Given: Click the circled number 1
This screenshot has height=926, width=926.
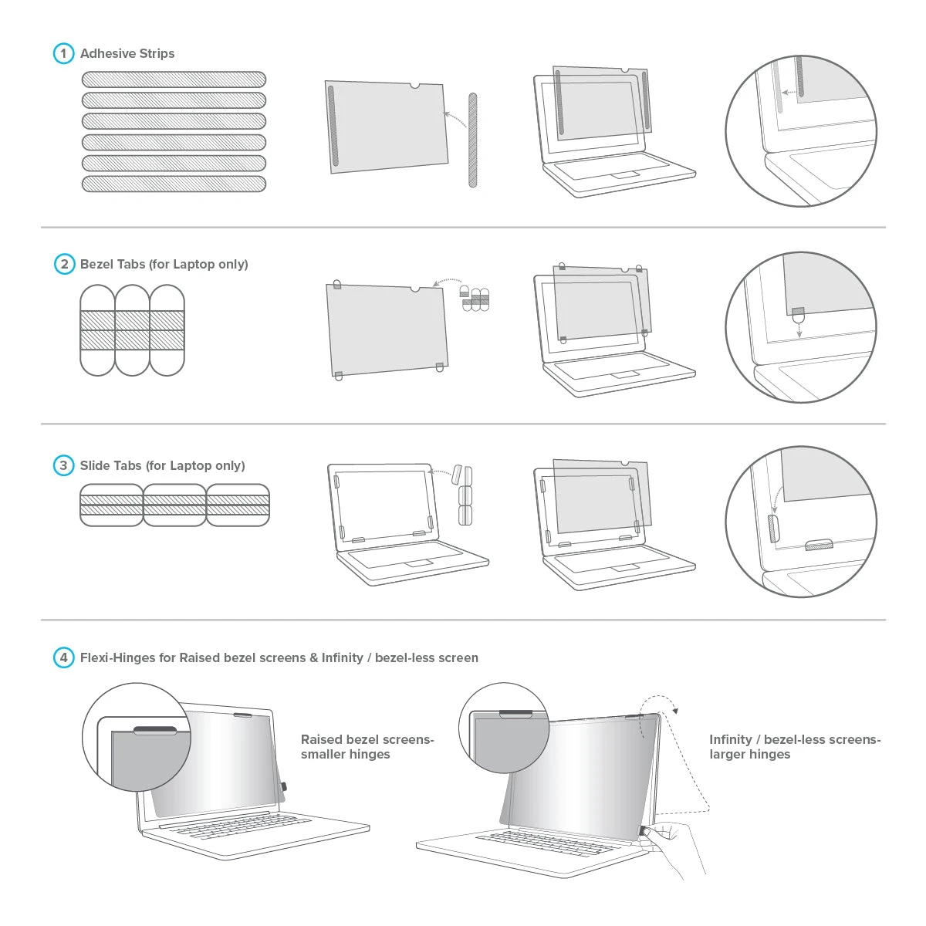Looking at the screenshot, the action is coord(63,53).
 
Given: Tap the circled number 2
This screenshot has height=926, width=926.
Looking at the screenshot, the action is coord(64,264).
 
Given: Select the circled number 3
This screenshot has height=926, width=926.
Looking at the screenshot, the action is coord(63,465).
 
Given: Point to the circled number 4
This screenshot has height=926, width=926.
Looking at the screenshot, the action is coord(63,657).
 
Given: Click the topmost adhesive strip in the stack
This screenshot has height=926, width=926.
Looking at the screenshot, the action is coord(174,79).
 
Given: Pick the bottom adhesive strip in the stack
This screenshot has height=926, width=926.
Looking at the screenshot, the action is coord(174,184).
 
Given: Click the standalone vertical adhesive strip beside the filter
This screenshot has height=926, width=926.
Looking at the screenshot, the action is coord(473,140).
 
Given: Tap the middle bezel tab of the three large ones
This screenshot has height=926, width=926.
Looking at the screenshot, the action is coord(132,330).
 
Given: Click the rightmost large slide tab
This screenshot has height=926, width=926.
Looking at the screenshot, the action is coord(238,505).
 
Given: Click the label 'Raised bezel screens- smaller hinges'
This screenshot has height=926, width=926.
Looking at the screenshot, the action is coord(367,747).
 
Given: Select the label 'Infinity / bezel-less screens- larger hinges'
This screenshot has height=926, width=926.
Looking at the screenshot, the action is coord(795,747).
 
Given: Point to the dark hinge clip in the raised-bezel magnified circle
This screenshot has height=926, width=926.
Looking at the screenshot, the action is coord(154,730).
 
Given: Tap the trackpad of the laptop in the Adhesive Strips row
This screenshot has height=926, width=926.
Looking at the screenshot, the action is coord(624,175).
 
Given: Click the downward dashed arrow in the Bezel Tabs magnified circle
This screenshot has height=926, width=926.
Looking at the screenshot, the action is coord(799,328).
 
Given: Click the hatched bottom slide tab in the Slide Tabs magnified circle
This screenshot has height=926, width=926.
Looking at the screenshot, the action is coord(819,544).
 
